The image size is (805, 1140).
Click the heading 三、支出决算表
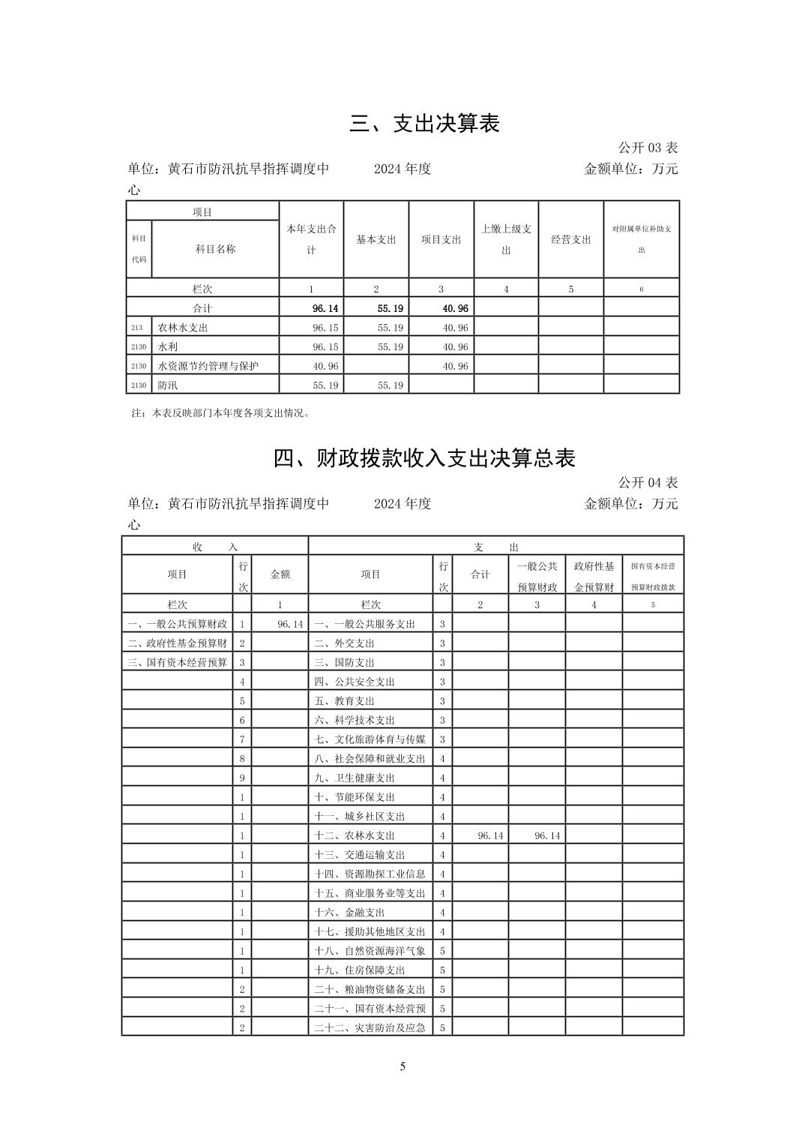424,123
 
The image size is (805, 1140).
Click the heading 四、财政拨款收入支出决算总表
424,457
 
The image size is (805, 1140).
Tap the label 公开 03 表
648,148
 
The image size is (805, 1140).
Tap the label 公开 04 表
648,482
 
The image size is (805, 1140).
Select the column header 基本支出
376,239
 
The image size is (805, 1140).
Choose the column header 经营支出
571,239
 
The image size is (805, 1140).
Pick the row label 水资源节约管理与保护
208,366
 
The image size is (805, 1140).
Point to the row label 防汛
168,385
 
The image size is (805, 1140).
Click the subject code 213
136,328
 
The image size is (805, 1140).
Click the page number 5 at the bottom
402,1066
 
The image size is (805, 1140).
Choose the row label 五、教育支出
344,701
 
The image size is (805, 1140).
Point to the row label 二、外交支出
344,643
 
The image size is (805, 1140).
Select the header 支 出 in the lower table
495,547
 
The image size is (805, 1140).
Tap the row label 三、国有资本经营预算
178,662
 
